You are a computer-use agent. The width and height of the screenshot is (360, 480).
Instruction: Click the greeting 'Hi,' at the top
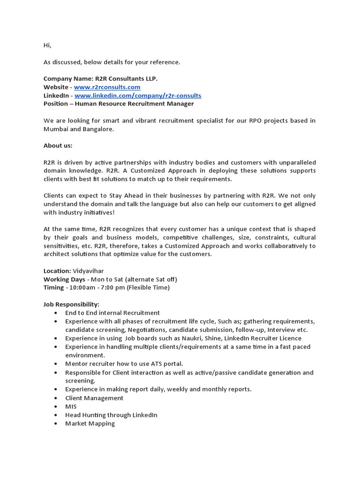[47, 45]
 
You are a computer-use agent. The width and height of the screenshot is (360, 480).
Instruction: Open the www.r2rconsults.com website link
[107, 87]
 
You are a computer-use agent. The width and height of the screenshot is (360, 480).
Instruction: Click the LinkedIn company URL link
[138, 96]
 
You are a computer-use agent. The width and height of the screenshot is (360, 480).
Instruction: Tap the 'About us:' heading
[58, 146]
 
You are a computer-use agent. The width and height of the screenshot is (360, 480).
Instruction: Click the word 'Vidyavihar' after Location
[89, 271]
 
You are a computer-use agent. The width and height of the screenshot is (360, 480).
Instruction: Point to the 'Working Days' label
[64, 279]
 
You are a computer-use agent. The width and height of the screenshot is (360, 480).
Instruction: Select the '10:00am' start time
[83, 288]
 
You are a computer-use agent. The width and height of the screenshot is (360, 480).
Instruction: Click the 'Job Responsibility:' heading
[71, 305]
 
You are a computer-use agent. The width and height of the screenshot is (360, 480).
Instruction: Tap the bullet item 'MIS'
[71, 406]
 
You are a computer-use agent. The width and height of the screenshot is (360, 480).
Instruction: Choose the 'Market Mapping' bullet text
[90, 423]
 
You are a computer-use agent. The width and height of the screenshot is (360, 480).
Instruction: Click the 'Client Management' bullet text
[94, 398]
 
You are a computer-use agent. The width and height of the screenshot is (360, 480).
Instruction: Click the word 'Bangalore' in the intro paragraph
[98, 129]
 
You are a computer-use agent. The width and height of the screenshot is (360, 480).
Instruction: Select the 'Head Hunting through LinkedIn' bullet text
[111, 415]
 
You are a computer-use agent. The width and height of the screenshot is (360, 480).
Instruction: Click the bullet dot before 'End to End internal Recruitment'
[56, 313]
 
